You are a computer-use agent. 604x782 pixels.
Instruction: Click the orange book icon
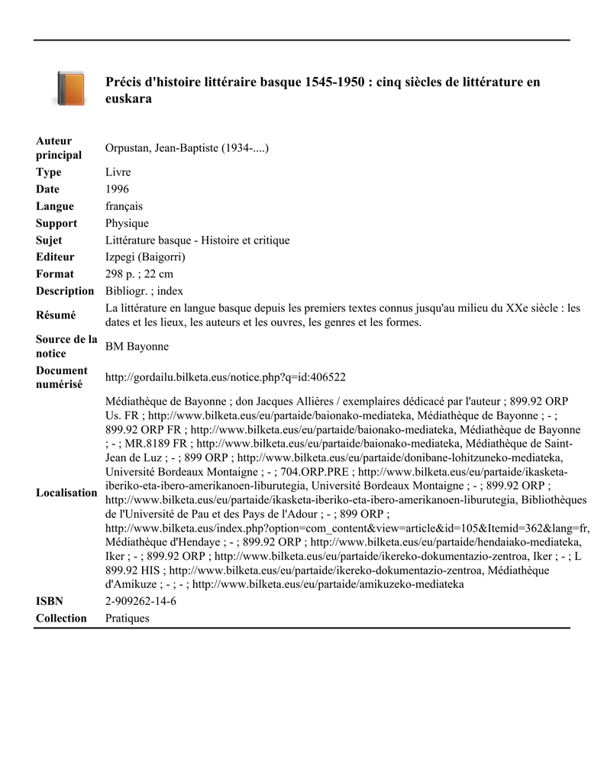(70, 89)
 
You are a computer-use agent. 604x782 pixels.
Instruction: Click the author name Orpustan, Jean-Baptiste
(187, 148)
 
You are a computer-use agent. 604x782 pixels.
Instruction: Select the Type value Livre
(118, 173)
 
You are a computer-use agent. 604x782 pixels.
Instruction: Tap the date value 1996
(117, 189)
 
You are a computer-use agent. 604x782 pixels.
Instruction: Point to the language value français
(124, 206)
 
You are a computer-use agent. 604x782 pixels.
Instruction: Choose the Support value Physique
(127, 223)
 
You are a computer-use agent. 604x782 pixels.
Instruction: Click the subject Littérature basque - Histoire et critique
(197, 241)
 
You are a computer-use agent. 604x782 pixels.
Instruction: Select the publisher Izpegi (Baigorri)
(145, 257)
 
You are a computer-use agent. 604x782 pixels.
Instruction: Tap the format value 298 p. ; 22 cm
(139, 274)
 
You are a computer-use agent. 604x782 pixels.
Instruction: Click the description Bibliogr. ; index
(144, 291)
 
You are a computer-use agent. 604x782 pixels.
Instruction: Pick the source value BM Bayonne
(137, 347)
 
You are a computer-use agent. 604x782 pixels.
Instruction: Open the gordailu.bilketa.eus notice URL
(225, 377)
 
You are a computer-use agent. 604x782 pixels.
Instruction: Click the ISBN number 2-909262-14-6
(141, 602)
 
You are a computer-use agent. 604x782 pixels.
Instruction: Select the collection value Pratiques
(127, 619)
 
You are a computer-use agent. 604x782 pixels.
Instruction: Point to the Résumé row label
(56, 315)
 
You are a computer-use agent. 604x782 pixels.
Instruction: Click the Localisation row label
(66, 493)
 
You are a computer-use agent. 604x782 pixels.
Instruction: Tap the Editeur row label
(56, 257)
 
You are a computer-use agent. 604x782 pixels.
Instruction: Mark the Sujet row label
(50, 241)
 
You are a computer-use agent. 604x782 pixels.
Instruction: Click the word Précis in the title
(124, 82)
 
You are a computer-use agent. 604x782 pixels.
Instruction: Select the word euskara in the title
(129, 99)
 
